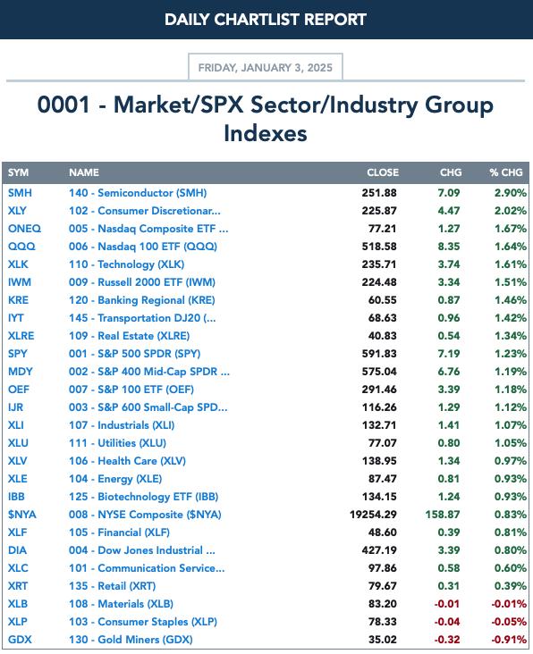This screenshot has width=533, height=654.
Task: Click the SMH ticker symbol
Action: [x=20, y=193]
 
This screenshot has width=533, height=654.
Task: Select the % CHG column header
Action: [x=506, y=172]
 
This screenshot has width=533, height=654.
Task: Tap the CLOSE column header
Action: [x=383, y=172]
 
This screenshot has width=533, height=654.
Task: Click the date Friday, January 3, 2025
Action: [x=266, y=68]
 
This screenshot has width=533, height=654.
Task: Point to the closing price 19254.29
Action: [x=373, y=515]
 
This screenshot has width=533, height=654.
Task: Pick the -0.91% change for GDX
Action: [x=509, y=640]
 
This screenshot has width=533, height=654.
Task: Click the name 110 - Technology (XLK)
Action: [x=126, y=264]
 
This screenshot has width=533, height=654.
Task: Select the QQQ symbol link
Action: [x=21, y=247]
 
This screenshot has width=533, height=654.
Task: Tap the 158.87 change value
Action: [x=443, y=515]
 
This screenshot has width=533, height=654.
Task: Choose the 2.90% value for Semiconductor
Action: [x=511, y=193]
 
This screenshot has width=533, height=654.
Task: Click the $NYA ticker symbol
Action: [x=22, y=515]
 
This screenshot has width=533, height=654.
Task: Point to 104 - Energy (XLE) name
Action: [x=115, y=479]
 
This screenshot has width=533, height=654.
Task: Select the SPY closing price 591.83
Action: [x=379, y=354]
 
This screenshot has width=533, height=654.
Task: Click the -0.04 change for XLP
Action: [x=446, y=622]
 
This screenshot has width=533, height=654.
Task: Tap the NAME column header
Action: [x=84, y=172]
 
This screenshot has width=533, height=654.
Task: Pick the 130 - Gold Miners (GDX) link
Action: [x=131, y=640]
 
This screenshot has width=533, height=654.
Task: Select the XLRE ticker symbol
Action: [x=21, y=336]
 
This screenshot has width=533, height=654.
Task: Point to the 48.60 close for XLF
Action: [x=383, y=532]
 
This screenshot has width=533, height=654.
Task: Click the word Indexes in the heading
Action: [x=266, y=133]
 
